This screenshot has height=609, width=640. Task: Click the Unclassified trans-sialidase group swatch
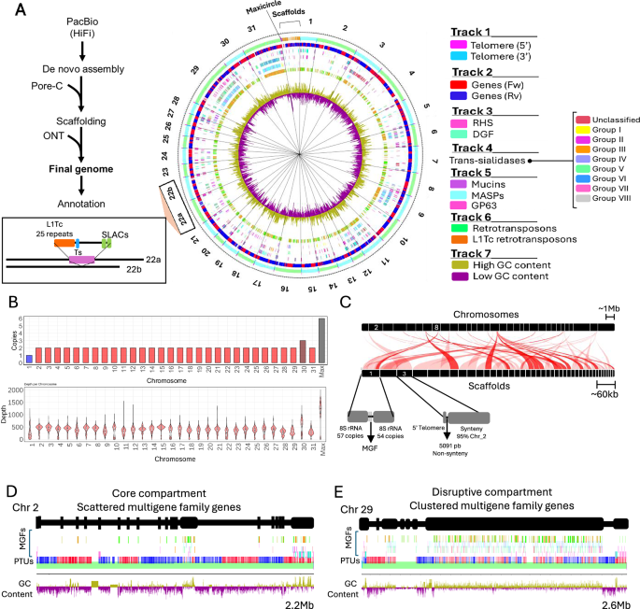(x=583, y=120)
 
